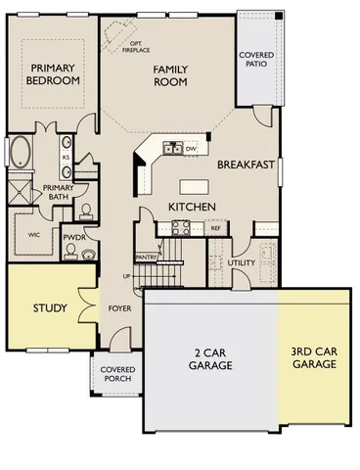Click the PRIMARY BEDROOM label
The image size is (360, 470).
point(53,74)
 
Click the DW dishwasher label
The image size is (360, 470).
point(192,148)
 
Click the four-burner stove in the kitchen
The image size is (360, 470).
point(182,227)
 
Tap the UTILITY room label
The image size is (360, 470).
point(241,263)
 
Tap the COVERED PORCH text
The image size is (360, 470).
point(119,374)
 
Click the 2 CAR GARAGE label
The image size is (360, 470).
point(210,358)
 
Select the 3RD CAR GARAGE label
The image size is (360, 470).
point(313,357)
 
